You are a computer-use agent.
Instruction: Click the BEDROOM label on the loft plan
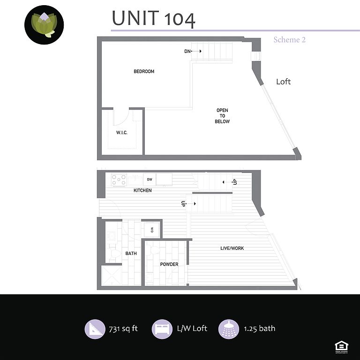[144, 72]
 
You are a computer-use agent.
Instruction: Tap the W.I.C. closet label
[122, 133]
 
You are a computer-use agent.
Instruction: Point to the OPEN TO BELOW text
[222, 116]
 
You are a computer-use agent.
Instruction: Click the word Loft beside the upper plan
[283, 82]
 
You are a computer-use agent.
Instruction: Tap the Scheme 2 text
[289, 40]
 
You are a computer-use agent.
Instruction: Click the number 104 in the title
[180, 19]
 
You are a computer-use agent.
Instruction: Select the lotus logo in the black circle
[44, 25]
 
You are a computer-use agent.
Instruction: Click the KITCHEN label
[142, 190]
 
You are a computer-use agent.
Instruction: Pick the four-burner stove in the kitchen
[119, 180]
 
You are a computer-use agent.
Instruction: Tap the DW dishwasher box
[150, 179]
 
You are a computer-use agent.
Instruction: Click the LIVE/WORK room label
[232, 248]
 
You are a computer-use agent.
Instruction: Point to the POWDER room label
[169, 264]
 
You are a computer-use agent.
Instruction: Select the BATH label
[131, 254]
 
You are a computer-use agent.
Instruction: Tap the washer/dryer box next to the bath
[151, 230]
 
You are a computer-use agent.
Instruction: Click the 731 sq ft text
[123, 329]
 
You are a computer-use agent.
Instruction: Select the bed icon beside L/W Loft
[162, 329]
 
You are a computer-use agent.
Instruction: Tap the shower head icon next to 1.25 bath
[229, 329]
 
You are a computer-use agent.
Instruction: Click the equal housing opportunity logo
[341, 346]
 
